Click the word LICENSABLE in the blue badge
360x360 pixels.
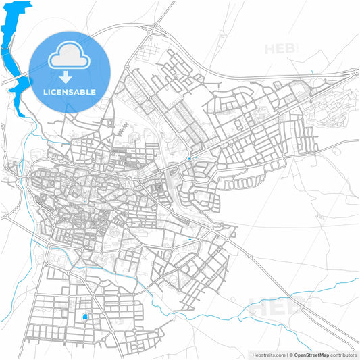pyautogui.click(x=70, y=91)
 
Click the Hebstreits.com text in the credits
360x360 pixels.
pyautogui.click(x=269, y=355)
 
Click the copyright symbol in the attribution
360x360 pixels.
pyautogui.click(x=290, y=355)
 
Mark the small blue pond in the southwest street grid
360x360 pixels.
pyautogui.click(x=85, y=317)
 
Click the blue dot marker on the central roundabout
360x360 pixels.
pyautogui.click(x=190, y=159)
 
